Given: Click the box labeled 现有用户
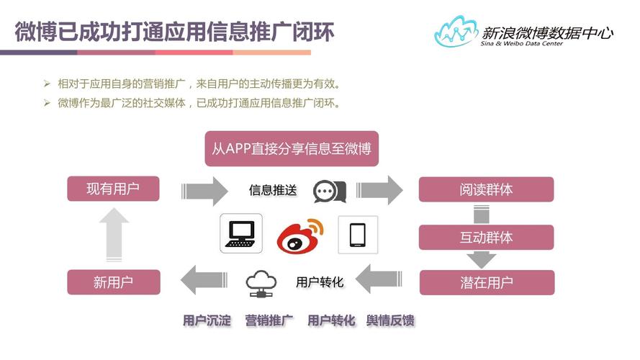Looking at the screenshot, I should pyautogui.click(x=113, y=189).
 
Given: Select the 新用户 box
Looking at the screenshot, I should pyautogui.click(x=113, y=282).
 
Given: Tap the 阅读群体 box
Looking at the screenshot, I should pyautogui.click(x=487, y=189).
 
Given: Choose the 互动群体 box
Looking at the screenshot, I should pyautogui.click(x=487, y=237).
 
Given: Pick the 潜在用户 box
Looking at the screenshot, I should pyautogui.click(x=487, y=282).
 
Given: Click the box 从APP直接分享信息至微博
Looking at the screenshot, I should pyautogui.click(x=292, y=149).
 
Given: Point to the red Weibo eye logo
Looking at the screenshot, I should pyautogui.click(x=300, y=235).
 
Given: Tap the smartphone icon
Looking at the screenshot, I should pyautogui.click(x=358, y=235).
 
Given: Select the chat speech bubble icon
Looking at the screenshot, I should pyautogui.click(x=330, y=190).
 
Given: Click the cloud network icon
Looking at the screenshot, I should pyautogui.click(x=260, y=283).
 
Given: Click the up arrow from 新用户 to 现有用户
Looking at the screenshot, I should pyautogui.click(x=113, y=235).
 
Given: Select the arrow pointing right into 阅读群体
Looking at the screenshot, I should pyautogui.click(x=380, y=189).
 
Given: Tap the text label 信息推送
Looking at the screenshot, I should pyautogui.click(x=273, y=190).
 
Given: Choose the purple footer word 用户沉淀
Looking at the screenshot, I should pyautogui.click(x=207, y=320).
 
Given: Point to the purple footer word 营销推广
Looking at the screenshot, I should pyautogui.click(x=269, y=320).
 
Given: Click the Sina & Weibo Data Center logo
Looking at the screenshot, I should pyautogui.click(x=524, y=32).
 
